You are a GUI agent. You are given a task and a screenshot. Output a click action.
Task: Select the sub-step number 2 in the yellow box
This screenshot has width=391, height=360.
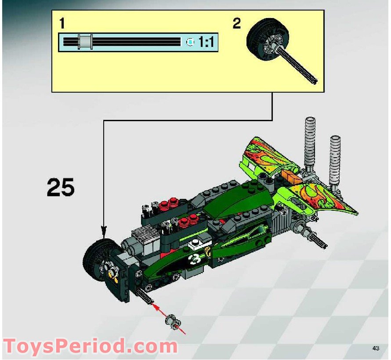[237, 24]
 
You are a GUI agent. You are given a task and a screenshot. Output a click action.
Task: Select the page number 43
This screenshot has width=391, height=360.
[375, 348]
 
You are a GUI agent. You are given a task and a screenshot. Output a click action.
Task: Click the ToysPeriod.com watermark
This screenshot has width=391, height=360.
[91, 346]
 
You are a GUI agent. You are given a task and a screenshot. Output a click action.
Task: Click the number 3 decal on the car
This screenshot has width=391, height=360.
[195, 259]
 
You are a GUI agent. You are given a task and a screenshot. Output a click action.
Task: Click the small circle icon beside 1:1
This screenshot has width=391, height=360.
[190, 42]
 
